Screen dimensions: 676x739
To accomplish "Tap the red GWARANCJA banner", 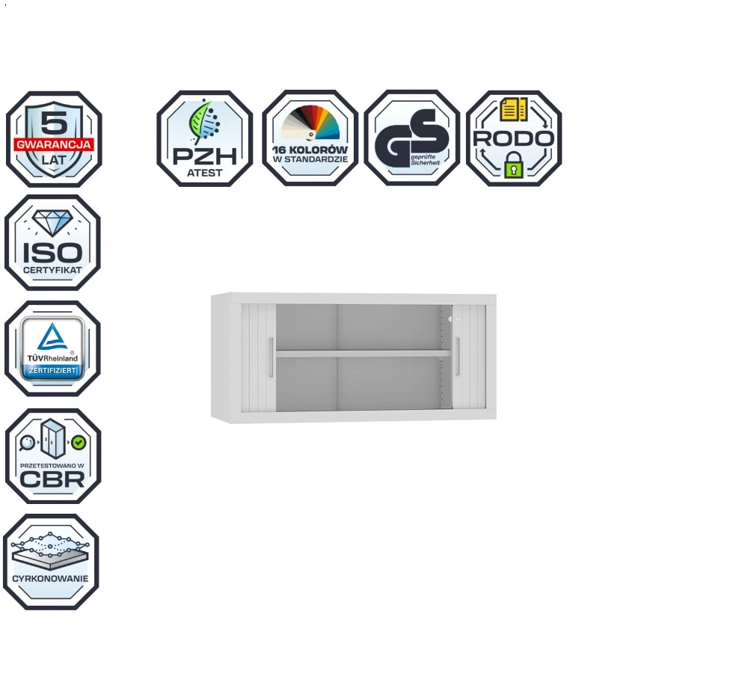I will (54, 144).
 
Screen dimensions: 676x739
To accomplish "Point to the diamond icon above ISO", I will (52, 223).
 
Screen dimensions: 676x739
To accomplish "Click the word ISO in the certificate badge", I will (52, 253).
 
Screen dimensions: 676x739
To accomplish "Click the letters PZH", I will (204, 156).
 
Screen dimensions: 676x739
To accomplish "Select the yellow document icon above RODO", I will (513, 110).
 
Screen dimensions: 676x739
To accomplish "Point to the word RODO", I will (513, 138).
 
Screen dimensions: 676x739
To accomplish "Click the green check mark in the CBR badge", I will (79, 443).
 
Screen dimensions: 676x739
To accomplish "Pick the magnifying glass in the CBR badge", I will (27, 443).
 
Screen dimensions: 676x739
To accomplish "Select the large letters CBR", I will (52, 479).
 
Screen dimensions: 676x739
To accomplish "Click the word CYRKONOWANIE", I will (51, 579).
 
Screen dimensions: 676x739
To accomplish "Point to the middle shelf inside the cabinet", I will (363, 353).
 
